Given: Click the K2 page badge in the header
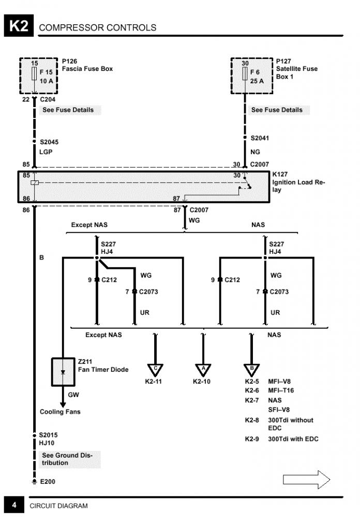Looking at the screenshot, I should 19,26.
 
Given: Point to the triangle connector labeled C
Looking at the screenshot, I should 155,370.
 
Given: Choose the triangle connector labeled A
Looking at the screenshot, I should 203,370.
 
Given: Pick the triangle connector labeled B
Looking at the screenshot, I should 251,370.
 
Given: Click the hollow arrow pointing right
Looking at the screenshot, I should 306,479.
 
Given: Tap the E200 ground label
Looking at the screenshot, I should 48,481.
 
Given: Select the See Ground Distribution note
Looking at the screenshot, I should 67,459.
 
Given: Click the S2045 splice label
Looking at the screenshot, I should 50,141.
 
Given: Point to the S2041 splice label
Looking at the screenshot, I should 260,138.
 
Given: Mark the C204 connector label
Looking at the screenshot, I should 48,99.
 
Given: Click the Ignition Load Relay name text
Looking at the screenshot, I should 298,186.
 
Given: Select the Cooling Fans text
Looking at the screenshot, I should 60,412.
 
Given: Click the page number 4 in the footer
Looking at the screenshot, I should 14,505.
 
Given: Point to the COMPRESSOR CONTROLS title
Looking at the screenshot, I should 98,27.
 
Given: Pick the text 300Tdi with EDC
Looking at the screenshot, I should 293,439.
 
